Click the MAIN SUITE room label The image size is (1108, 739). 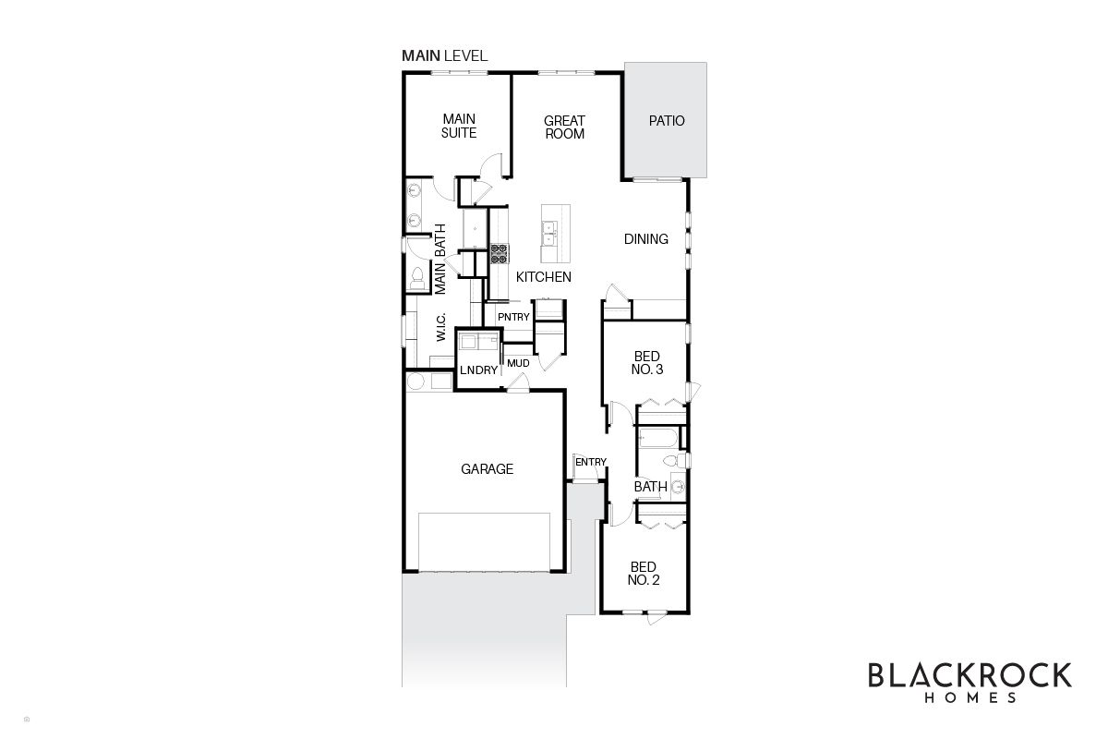click(x=459, y=127)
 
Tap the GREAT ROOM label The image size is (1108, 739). click(x=564, y=127)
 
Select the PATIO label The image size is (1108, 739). click(x=667, y=121)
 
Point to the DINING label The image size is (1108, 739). click(x=645, y=239)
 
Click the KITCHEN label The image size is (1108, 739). click(x=544, y=277)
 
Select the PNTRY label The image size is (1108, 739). click(x=513, y=318)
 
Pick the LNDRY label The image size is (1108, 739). click(x=479, y=370)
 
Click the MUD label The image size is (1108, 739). click(x=518, y=363)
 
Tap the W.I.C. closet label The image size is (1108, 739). click(x=441, y=328)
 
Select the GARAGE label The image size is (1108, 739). click(x=487, y=469)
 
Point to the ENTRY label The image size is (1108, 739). click(x=591, y=462)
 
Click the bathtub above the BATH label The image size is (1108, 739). click(x=657, y=438)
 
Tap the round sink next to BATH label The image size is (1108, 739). click(x=677, y=486)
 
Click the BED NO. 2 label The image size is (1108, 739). click(x=644, y=574)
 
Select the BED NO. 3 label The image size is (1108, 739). click(x=648, y=362)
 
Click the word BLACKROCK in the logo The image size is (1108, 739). click(x=969, y=675)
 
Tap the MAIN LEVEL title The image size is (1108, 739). click(x=444, y=56)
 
